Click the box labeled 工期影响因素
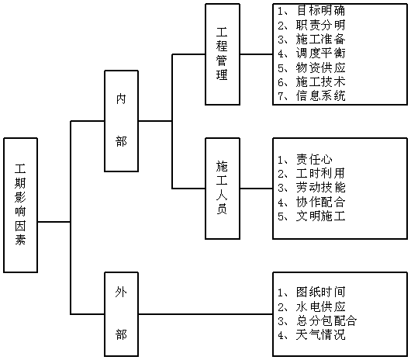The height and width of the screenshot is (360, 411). (20, 205)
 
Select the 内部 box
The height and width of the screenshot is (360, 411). (121, 121)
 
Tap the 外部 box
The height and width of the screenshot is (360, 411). (121, 314)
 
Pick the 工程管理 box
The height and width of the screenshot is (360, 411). (223, 54)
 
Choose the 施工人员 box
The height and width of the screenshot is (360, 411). (223, 189)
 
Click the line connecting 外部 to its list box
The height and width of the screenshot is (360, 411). (205, 314)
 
